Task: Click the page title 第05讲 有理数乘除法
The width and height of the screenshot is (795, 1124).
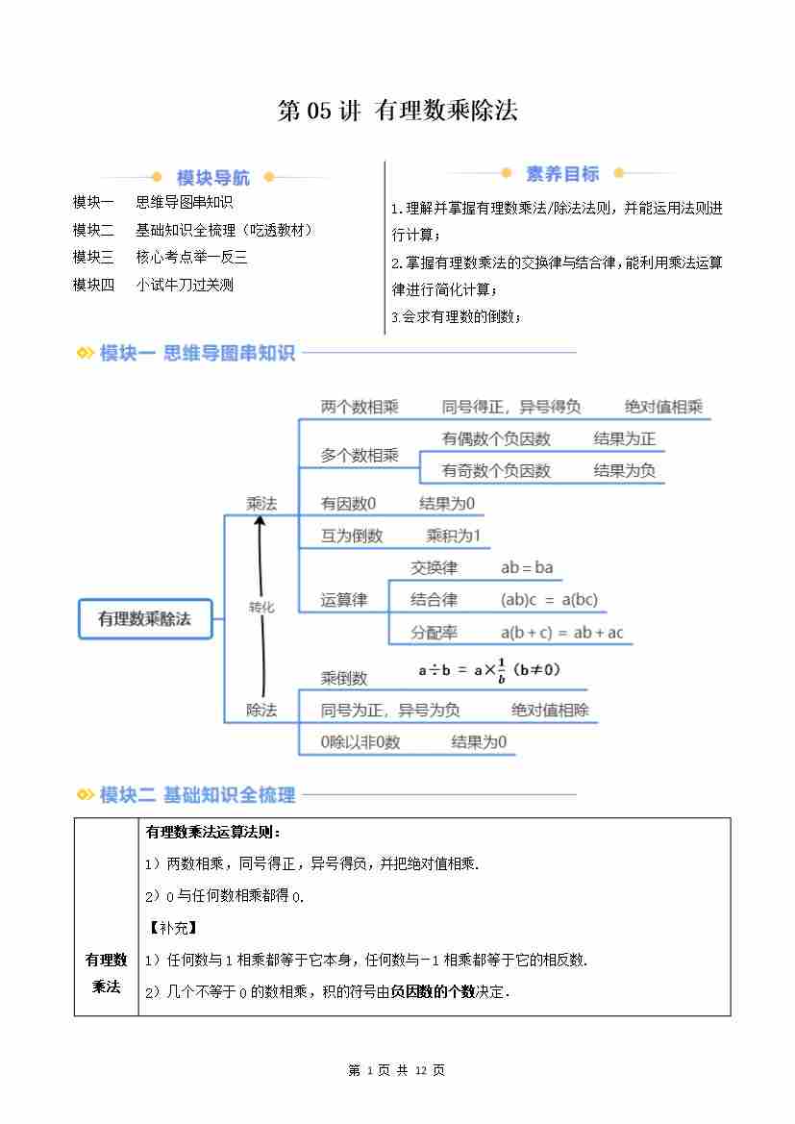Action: coord(397,112)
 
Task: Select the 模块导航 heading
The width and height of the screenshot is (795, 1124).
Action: coord(212,178)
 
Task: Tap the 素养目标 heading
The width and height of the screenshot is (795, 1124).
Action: coord(562,174)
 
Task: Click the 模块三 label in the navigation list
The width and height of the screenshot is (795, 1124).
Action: coord(93,257)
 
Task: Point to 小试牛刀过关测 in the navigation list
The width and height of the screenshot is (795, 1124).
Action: coord(185,285)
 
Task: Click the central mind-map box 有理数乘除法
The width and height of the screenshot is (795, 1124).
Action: coord(144,618)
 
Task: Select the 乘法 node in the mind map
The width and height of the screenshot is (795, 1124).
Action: coord(261,503)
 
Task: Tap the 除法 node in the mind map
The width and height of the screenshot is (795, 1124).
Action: coord(261,710)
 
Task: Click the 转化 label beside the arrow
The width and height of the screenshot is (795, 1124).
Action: coord(261,607)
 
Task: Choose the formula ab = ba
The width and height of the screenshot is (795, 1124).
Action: coord(527,567)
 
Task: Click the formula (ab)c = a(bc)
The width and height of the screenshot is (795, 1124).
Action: coord(549,600)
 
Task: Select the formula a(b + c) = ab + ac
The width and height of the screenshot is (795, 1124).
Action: coord(561,633)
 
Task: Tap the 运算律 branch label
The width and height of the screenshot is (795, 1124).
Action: coord(344,600)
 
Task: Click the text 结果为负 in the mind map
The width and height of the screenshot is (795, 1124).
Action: coord(624,470)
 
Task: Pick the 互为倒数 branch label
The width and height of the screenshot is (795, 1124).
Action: coord(352,536)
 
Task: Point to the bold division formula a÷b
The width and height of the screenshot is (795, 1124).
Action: coord(489,671)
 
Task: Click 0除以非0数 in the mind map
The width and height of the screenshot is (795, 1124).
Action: coord(360,741)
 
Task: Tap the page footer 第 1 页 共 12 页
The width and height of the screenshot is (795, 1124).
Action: coord(396,1070)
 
